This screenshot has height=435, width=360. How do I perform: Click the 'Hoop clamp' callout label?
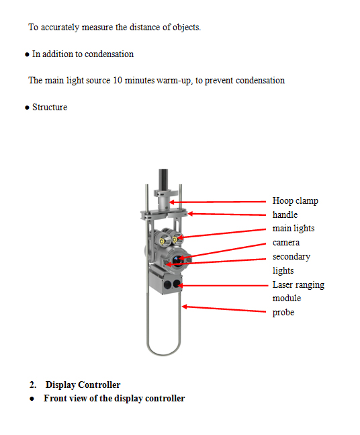(x=295, y=200)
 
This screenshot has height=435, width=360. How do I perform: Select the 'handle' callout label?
(x=285, y=214)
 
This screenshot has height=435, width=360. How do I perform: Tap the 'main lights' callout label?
(x=294, y=229)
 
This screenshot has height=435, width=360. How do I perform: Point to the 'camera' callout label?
(x=286, y=243)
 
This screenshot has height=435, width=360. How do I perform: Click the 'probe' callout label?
(x=283, y=313)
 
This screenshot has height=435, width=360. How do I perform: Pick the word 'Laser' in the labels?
(x=281, y=284)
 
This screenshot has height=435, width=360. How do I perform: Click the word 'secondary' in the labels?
(x=291, y=257)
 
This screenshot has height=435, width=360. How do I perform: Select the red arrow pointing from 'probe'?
(x=224, y=309)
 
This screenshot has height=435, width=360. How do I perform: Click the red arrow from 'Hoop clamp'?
(x=218, y=202)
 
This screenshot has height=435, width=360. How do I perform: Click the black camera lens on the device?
(x=177, y=260)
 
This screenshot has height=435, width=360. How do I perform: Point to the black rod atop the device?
(x=163, y=180)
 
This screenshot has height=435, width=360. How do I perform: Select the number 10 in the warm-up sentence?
(x=118, y=80)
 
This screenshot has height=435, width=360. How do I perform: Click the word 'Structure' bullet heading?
(x=50, y=107)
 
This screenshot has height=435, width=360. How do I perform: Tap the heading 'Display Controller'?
(x=83, y=385)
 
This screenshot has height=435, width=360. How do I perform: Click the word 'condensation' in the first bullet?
(x=109, y=54)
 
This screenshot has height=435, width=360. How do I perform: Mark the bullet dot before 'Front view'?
(x=32, y=399)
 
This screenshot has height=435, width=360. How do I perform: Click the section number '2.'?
(x=33, y=385)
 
